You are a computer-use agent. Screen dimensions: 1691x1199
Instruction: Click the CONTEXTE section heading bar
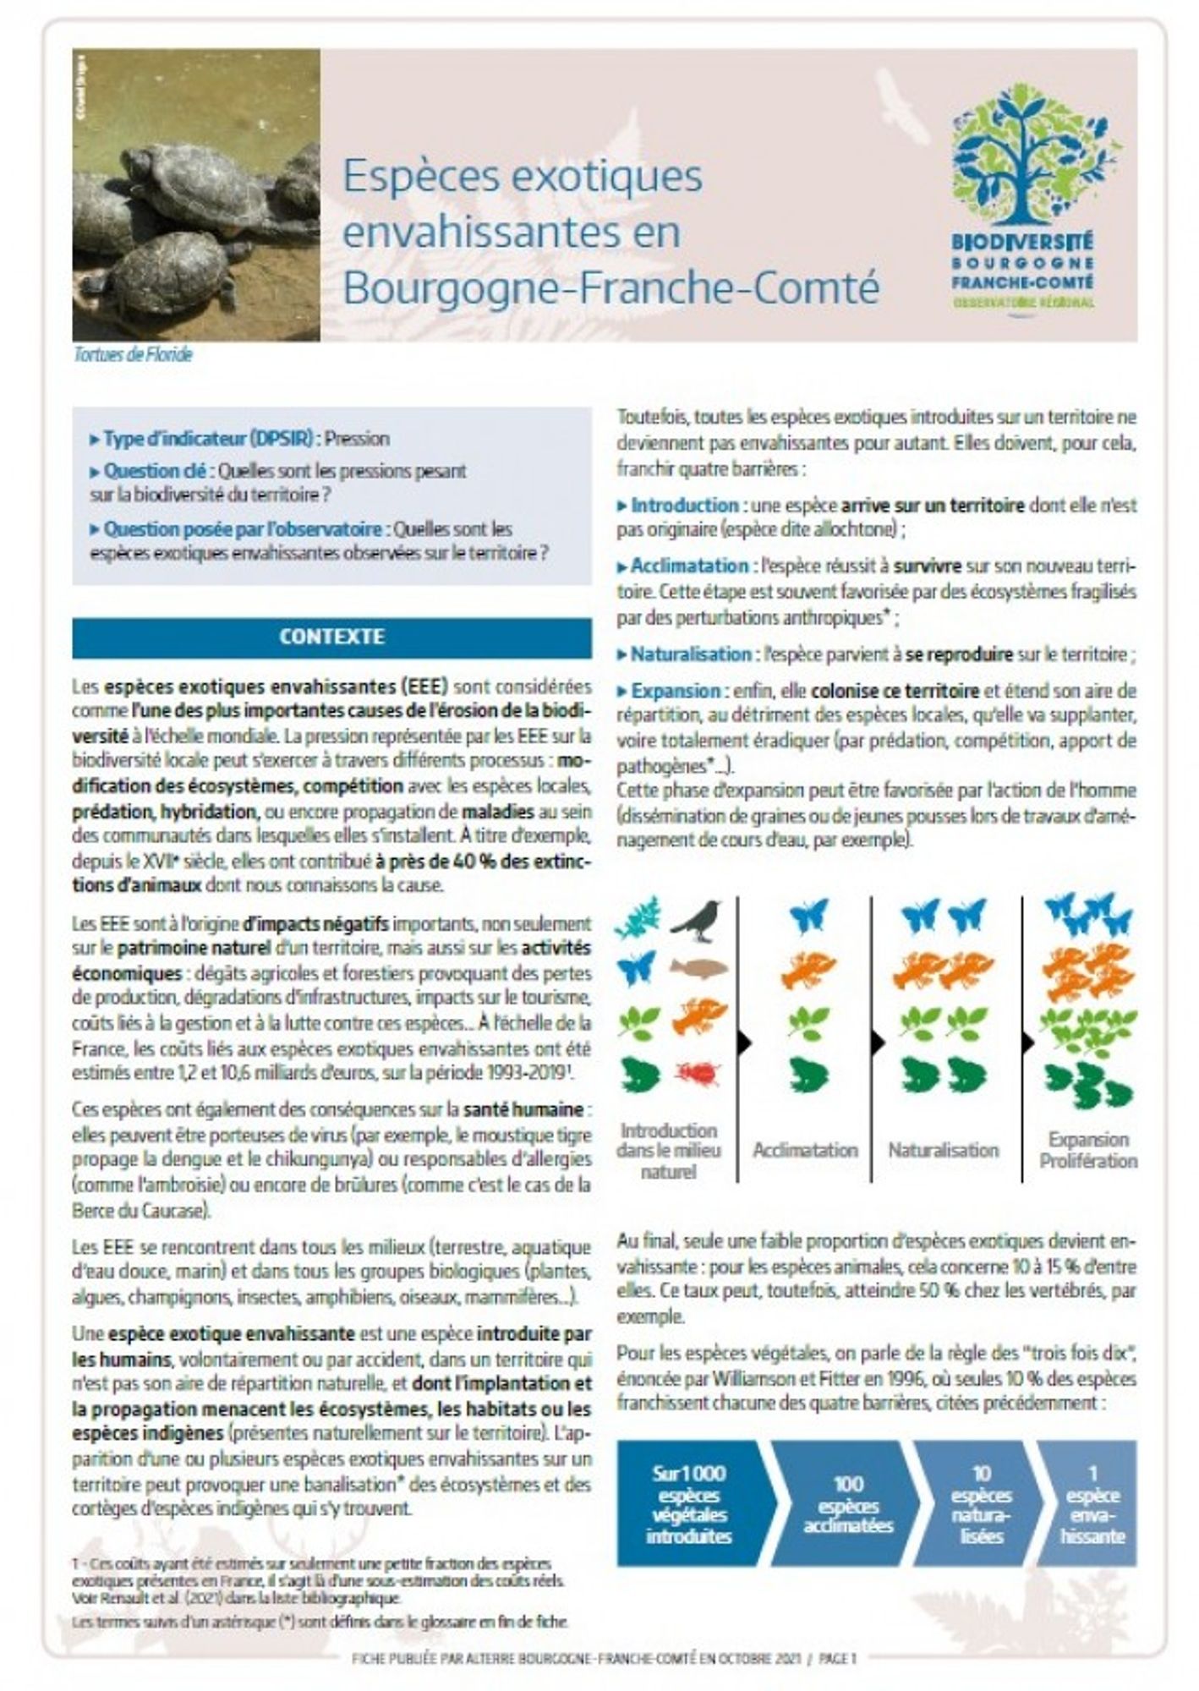331,637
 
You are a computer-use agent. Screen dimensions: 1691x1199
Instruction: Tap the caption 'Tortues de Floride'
133,354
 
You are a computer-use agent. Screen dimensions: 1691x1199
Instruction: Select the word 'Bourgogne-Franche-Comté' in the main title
610,287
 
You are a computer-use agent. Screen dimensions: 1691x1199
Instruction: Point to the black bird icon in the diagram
697,919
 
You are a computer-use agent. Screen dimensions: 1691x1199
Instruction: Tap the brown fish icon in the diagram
698,967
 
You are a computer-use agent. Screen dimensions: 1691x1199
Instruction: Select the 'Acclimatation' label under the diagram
805,1150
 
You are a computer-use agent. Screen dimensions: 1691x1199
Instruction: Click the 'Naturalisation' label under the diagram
943,1150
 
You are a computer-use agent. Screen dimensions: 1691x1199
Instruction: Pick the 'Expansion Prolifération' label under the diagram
1088,1150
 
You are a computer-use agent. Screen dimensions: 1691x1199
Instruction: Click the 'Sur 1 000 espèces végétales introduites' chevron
689,1504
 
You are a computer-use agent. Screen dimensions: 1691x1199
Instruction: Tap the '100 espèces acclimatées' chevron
848,1504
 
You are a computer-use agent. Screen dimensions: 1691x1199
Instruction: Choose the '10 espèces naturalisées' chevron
981,1504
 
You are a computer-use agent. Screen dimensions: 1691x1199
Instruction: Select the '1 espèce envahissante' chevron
1092,1504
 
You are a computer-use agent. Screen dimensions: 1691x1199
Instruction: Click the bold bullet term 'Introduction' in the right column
684,505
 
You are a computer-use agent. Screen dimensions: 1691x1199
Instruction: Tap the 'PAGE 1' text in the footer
837,1659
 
